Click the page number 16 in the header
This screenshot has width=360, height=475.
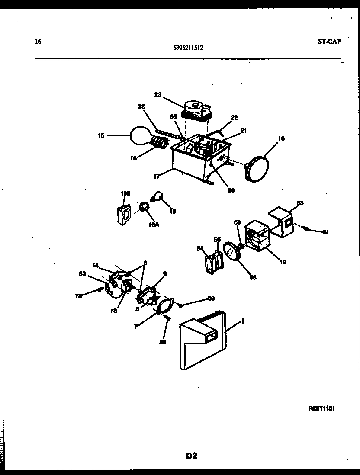point(38,42)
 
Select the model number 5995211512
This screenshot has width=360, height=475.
point(189,48)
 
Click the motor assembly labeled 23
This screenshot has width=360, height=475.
point(197,110)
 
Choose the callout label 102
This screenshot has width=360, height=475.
point(125,193)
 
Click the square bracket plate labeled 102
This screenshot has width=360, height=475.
point(124,215)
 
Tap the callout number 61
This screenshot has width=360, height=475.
point(325,232)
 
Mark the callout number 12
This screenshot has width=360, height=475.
point(283,262)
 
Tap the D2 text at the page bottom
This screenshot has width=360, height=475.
point(192,455)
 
